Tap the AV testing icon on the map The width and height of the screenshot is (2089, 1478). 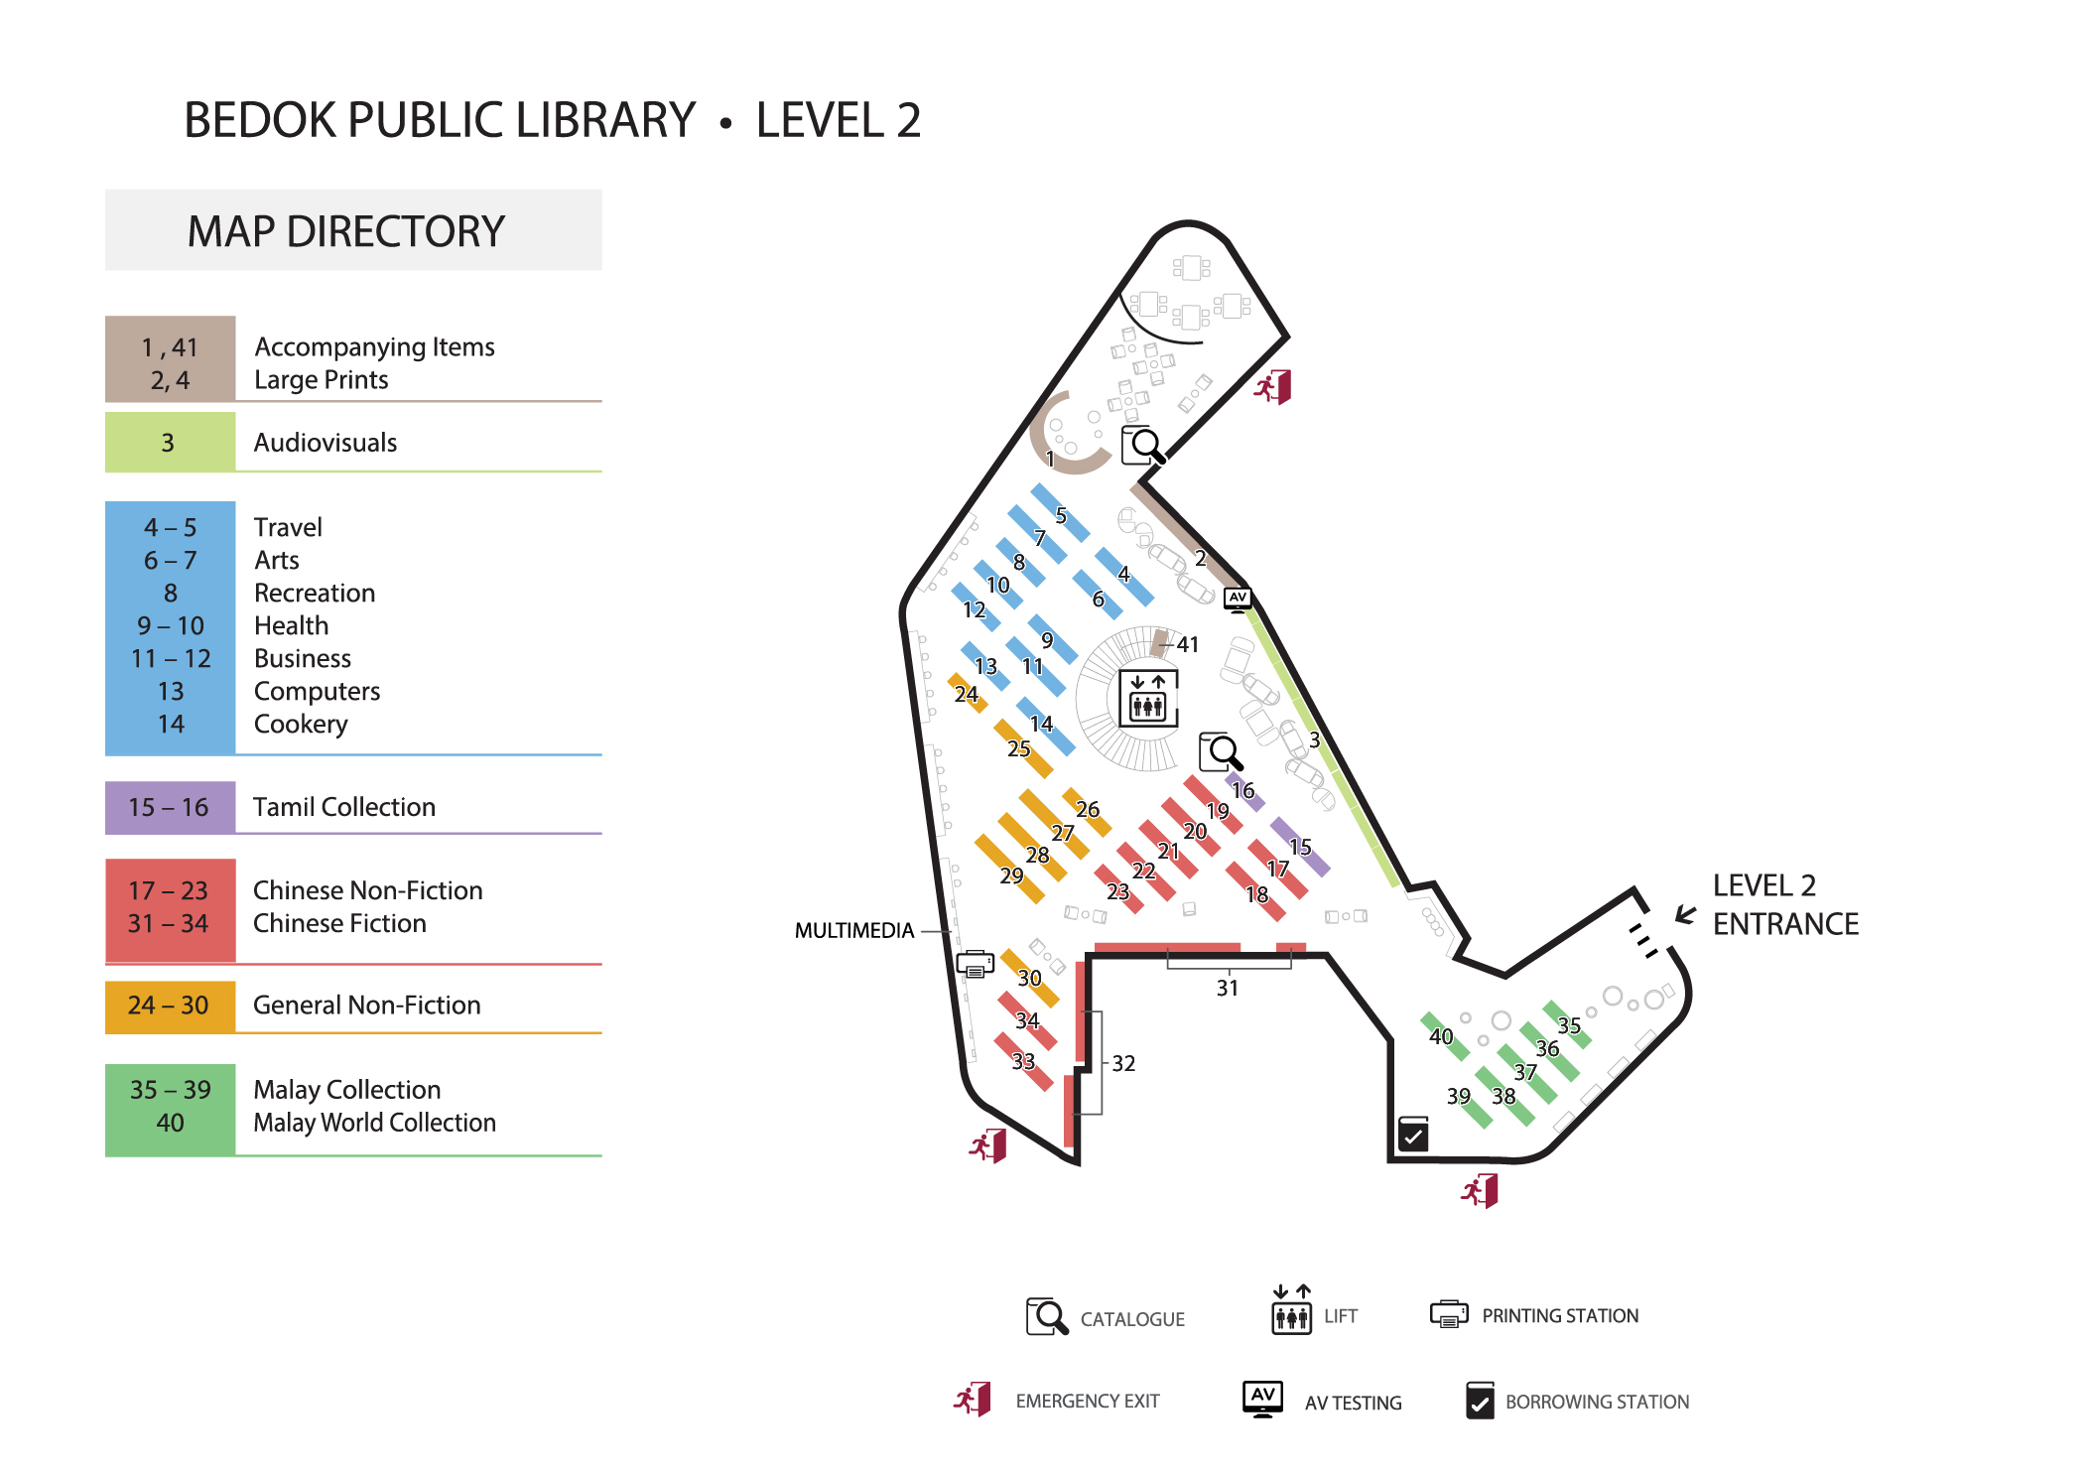1238,599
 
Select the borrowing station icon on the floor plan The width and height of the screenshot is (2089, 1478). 1413,1134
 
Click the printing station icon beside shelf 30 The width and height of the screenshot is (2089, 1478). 976,964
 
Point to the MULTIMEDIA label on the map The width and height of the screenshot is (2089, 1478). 853,931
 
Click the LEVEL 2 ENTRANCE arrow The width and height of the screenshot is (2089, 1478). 1685,914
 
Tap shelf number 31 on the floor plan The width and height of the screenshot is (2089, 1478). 1228,989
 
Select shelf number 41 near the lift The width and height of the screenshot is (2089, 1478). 1188,645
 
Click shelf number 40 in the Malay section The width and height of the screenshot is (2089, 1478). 1441,1037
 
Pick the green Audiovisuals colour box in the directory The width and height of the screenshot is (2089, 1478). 170,443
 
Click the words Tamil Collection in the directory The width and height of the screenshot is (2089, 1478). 343,807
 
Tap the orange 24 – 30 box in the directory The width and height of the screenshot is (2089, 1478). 170,1006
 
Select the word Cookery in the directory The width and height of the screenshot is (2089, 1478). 301,725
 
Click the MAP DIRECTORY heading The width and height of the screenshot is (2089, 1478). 346,231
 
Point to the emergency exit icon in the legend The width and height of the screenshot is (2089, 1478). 973,1400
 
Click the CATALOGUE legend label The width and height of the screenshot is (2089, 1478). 1132,1320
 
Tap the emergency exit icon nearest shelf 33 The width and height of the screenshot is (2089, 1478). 988,1146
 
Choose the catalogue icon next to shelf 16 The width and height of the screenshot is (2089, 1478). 1221,752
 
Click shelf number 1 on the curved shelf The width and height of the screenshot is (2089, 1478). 1050,460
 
